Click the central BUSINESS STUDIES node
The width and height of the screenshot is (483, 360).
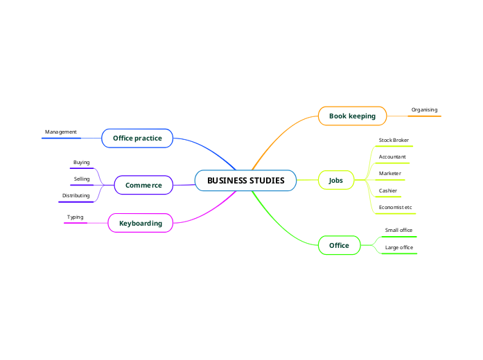click(x=245, y=181)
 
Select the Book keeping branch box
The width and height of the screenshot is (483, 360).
click(x=352, y=116)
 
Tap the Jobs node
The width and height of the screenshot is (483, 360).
click(x=335, y=181)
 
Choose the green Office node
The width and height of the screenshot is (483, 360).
click(x=339, y=246)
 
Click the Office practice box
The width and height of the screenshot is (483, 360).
click(x=137, y=138)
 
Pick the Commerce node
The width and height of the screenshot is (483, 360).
click(x=143, y=186)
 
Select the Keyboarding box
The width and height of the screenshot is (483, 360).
click(x=141, y=224)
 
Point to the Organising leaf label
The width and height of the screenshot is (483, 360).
click(x=424, y=110)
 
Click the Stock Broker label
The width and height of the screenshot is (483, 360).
click(x=394, y=141)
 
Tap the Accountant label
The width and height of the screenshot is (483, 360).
click(x=392, y=157)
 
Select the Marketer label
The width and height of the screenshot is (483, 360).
click(x=390, y=174)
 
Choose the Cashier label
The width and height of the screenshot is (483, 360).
click(x=388, y=190)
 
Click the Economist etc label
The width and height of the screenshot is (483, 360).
click(x=395, y=208)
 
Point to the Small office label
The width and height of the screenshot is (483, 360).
click(x=399, y=231)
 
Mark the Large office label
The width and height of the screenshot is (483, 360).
click(x=399, y=247)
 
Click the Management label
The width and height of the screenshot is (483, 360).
click(x=61, y=132)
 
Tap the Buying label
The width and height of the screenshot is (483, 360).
click(x=82, y=163)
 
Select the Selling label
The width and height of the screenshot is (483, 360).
click(x=82, y=179)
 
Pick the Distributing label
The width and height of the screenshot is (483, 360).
click(x=76, y=196)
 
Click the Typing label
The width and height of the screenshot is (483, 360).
click(x=75, y=217)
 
